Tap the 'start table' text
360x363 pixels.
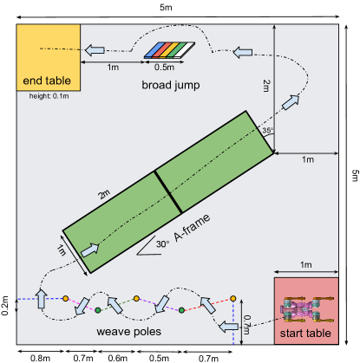pos(305,333)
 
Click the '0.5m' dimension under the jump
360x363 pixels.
pos(163,67)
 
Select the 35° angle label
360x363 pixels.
pos(267,131)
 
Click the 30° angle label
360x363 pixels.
pos(161,243)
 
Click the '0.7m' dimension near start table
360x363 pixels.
pos(246,324)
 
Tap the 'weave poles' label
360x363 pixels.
pos(127,332)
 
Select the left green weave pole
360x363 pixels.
pos(98,309)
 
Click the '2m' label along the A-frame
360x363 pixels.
pos(105,194)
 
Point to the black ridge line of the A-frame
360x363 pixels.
pos(167,191)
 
